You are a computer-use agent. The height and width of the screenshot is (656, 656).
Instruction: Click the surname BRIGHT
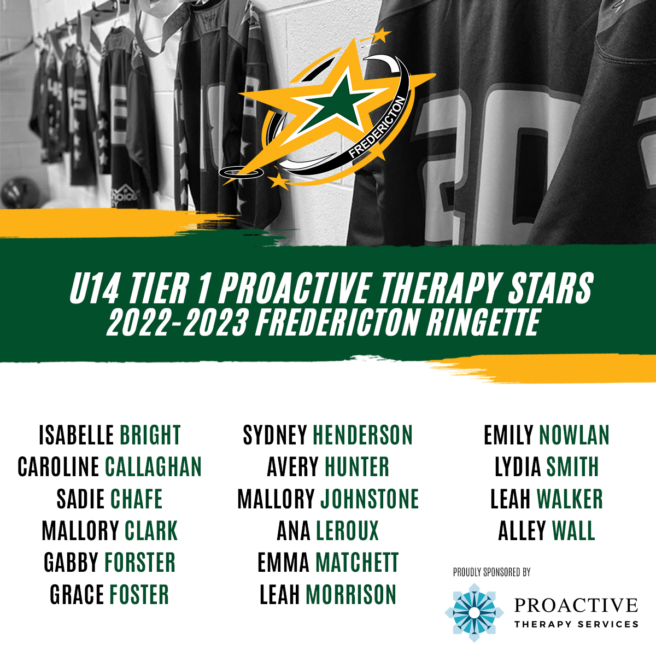tap(150, 435)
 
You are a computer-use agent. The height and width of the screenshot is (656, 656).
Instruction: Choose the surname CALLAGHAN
tap(153, 466)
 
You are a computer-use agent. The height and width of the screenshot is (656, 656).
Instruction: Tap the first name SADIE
tap(80, 499)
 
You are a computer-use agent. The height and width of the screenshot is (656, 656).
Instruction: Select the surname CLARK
tap(151, 530)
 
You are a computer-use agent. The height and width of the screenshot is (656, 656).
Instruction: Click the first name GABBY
tap(71, 562)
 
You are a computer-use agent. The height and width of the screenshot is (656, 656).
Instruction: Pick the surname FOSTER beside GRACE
tap(139, 594)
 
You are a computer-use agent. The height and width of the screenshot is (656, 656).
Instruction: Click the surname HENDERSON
tap(362, 435)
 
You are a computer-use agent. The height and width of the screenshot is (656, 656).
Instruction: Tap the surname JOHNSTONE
tap(370, 499)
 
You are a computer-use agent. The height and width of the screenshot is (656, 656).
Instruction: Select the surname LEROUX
tap(347, 530)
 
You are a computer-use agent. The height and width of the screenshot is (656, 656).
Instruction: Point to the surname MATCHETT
tap(357, 562)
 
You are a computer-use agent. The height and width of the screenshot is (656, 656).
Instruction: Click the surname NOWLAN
tap(574, 435)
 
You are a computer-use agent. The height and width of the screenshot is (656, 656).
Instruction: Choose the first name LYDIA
tap(518, 466)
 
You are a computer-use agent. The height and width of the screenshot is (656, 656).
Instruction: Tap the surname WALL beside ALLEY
tap(573, 530)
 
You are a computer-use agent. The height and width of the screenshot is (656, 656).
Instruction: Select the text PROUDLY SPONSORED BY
tap(491, 572)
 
